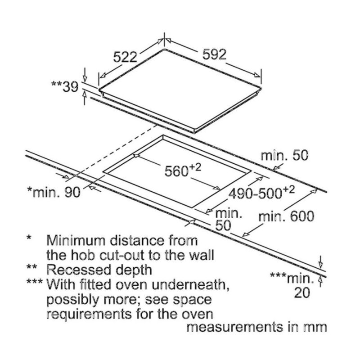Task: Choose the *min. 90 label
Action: (x=54, y=193)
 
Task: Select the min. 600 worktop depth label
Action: (x=285, y=216)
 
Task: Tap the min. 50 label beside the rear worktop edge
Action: (x=285, y=156)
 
